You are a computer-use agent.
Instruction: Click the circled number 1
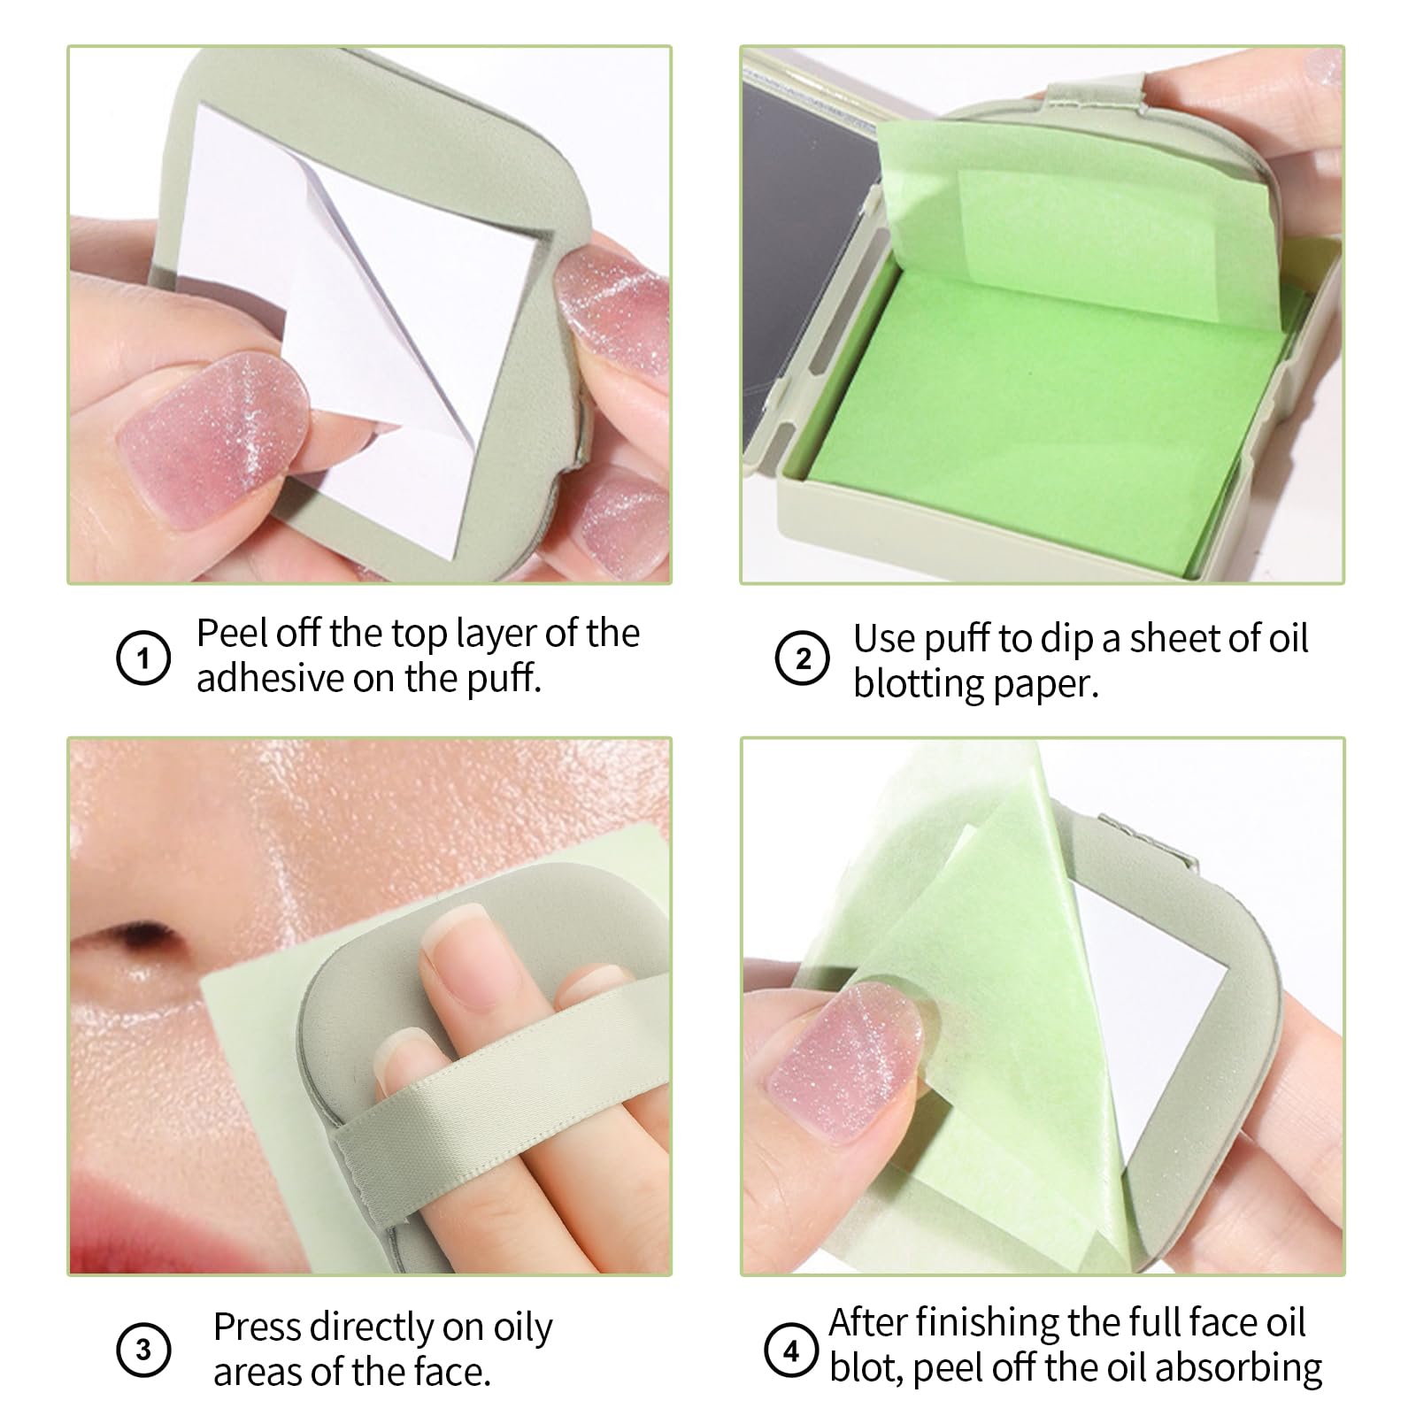click(x=143, y=658)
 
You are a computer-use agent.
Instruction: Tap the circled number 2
click(x=802, y=658)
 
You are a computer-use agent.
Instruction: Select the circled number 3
click(x=143, y=1351)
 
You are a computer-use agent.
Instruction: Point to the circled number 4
click(x=790, y=1351)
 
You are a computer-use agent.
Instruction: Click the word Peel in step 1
click(x=232, y=634)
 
